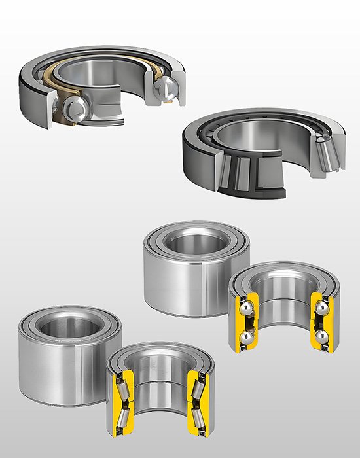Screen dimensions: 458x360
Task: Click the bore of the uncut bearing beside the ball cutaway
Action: (x=187, y=242)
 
